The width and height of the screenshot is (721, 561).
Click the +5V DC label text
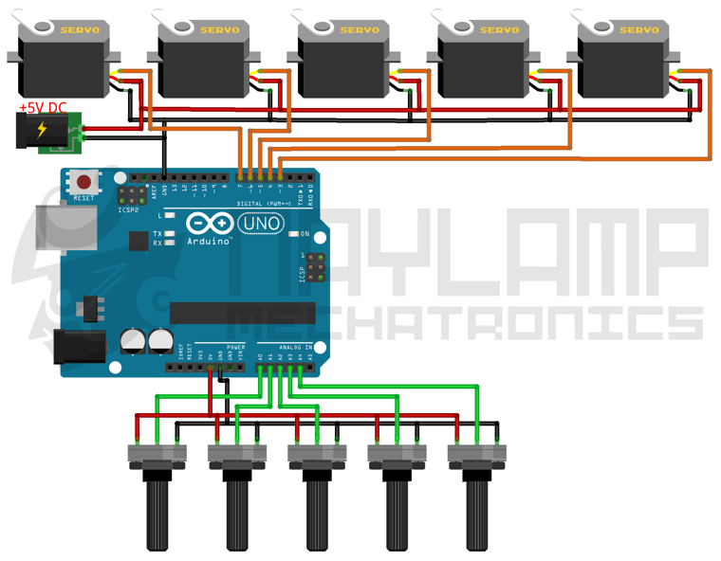43,109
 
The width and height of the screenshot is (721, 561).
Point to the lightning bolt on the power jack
42,130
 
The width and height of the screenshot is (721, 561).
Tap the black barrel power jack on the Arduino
80,347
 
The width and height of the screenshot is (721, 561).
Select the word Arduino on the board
209,242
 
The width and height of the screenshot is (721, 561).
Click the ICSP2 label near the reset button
128,209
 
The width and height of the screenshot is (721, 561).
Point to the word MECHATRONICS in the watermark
465,322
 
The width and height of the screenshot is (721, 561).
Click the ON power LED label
305,234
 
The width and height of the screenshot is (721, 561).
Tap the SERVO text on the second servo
219,30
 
